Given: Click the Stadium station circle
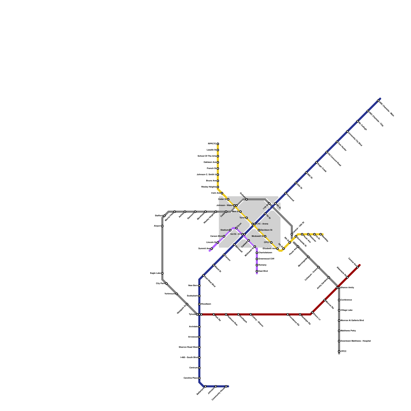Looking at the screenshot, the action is click(230, 230).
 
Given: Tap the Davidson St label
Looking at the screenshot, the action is click(266, 230).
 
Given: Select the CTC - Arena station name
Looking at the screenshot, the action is click(262, 224).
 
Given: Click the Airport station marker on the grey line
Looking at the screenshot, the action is click(162, 226).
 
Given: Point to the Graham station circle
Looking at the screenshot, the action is click(247, 199).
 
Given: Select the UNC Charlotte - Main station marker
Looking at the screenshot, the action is click(378, 101).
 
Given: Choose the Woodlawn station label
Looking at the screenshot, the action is click(206, 304).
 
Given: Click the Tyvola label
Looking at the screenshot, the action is click(192, 314).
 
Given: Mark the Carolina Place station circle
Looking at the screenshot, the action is click(199, 378).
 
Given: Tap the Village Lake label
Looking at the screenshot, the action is click(347, 310).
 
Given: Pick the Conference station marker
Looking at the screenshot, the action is click(339, 300).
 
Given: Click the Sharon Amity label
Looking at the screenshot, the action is click(347, 288).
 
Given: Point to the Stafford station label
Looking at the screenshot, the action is click(158, 216).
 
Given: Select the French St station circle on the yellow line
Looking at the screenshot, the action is click(218, 169).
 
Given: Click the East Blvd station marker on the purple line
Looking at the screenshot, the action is click(257, 271).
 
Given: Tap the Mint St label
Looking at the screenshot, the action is click(235, 212).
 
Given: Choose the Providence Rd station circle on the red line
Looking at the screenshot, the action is click(288, 314).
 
